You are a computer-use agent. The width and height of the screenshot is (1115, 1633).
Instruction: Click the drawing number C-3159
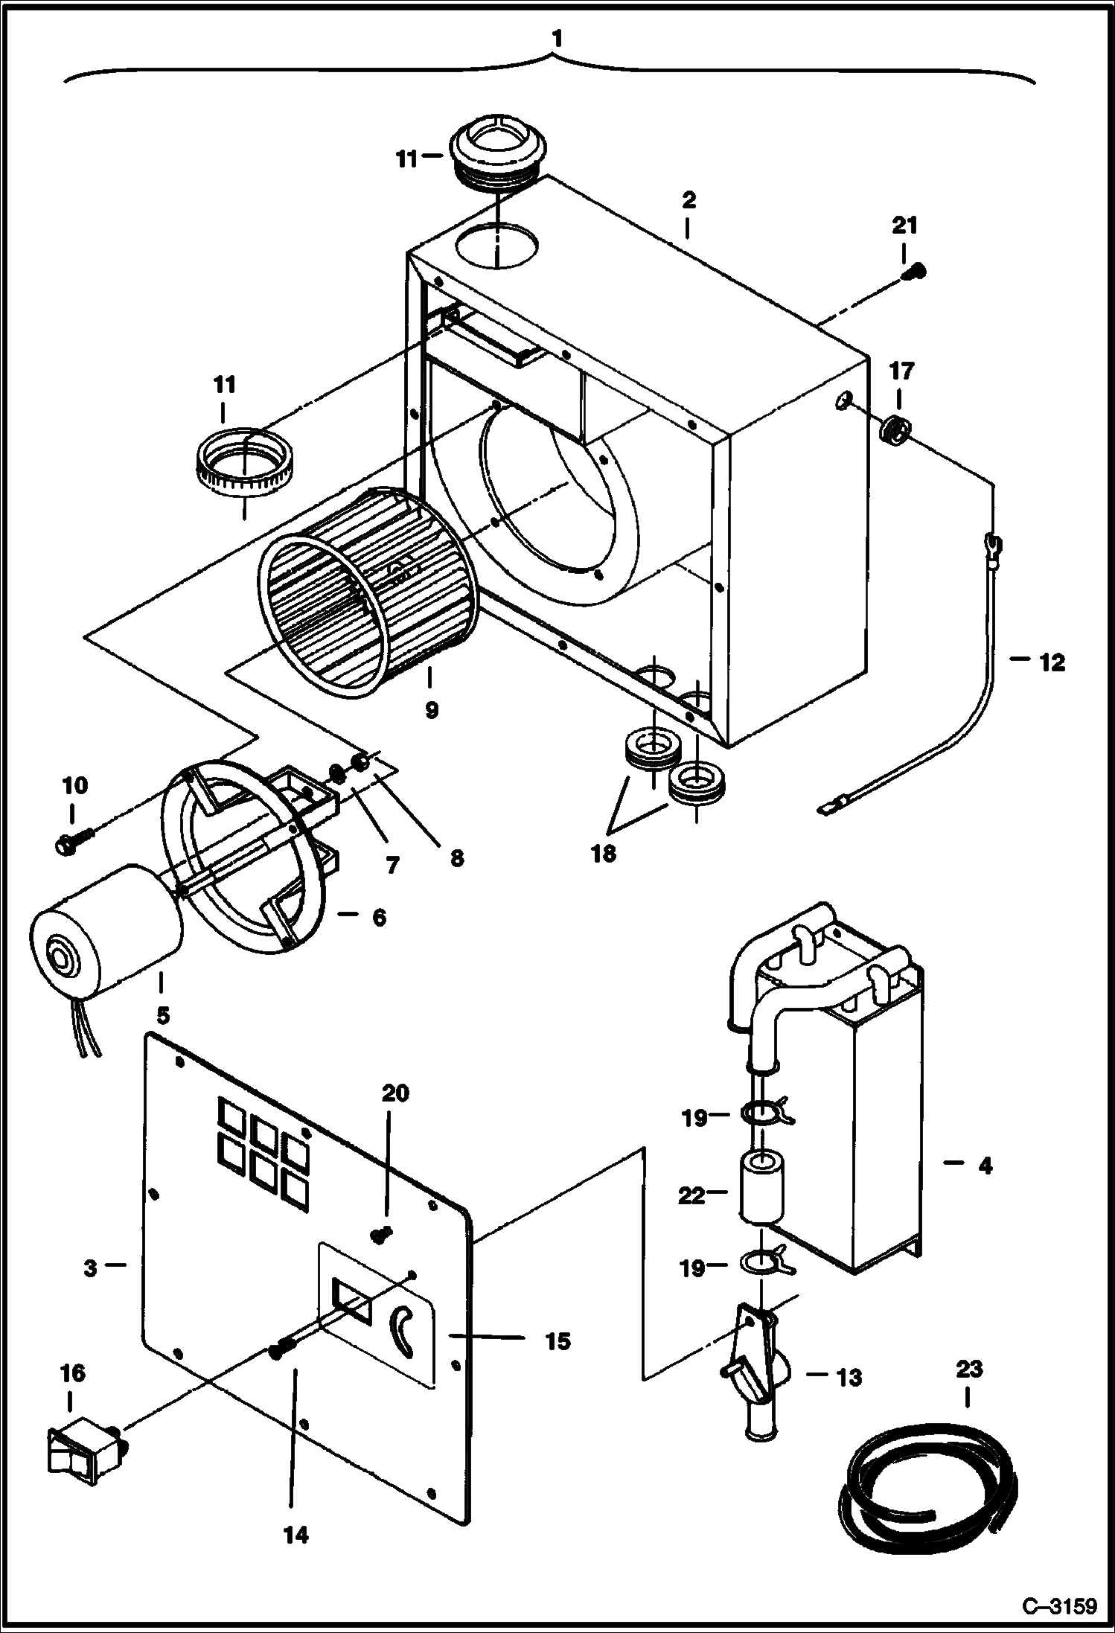pos(1059,1604)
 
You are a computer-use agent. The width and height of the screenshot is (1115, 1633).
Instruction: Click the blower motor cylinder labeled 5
pos(104,930)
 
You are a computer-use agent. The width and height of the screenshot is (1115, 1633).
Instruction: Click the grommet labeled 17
pos(895,431)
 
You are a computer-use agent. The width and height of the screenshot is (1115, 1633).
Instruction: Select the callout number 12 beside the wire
pos(1051,662)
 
